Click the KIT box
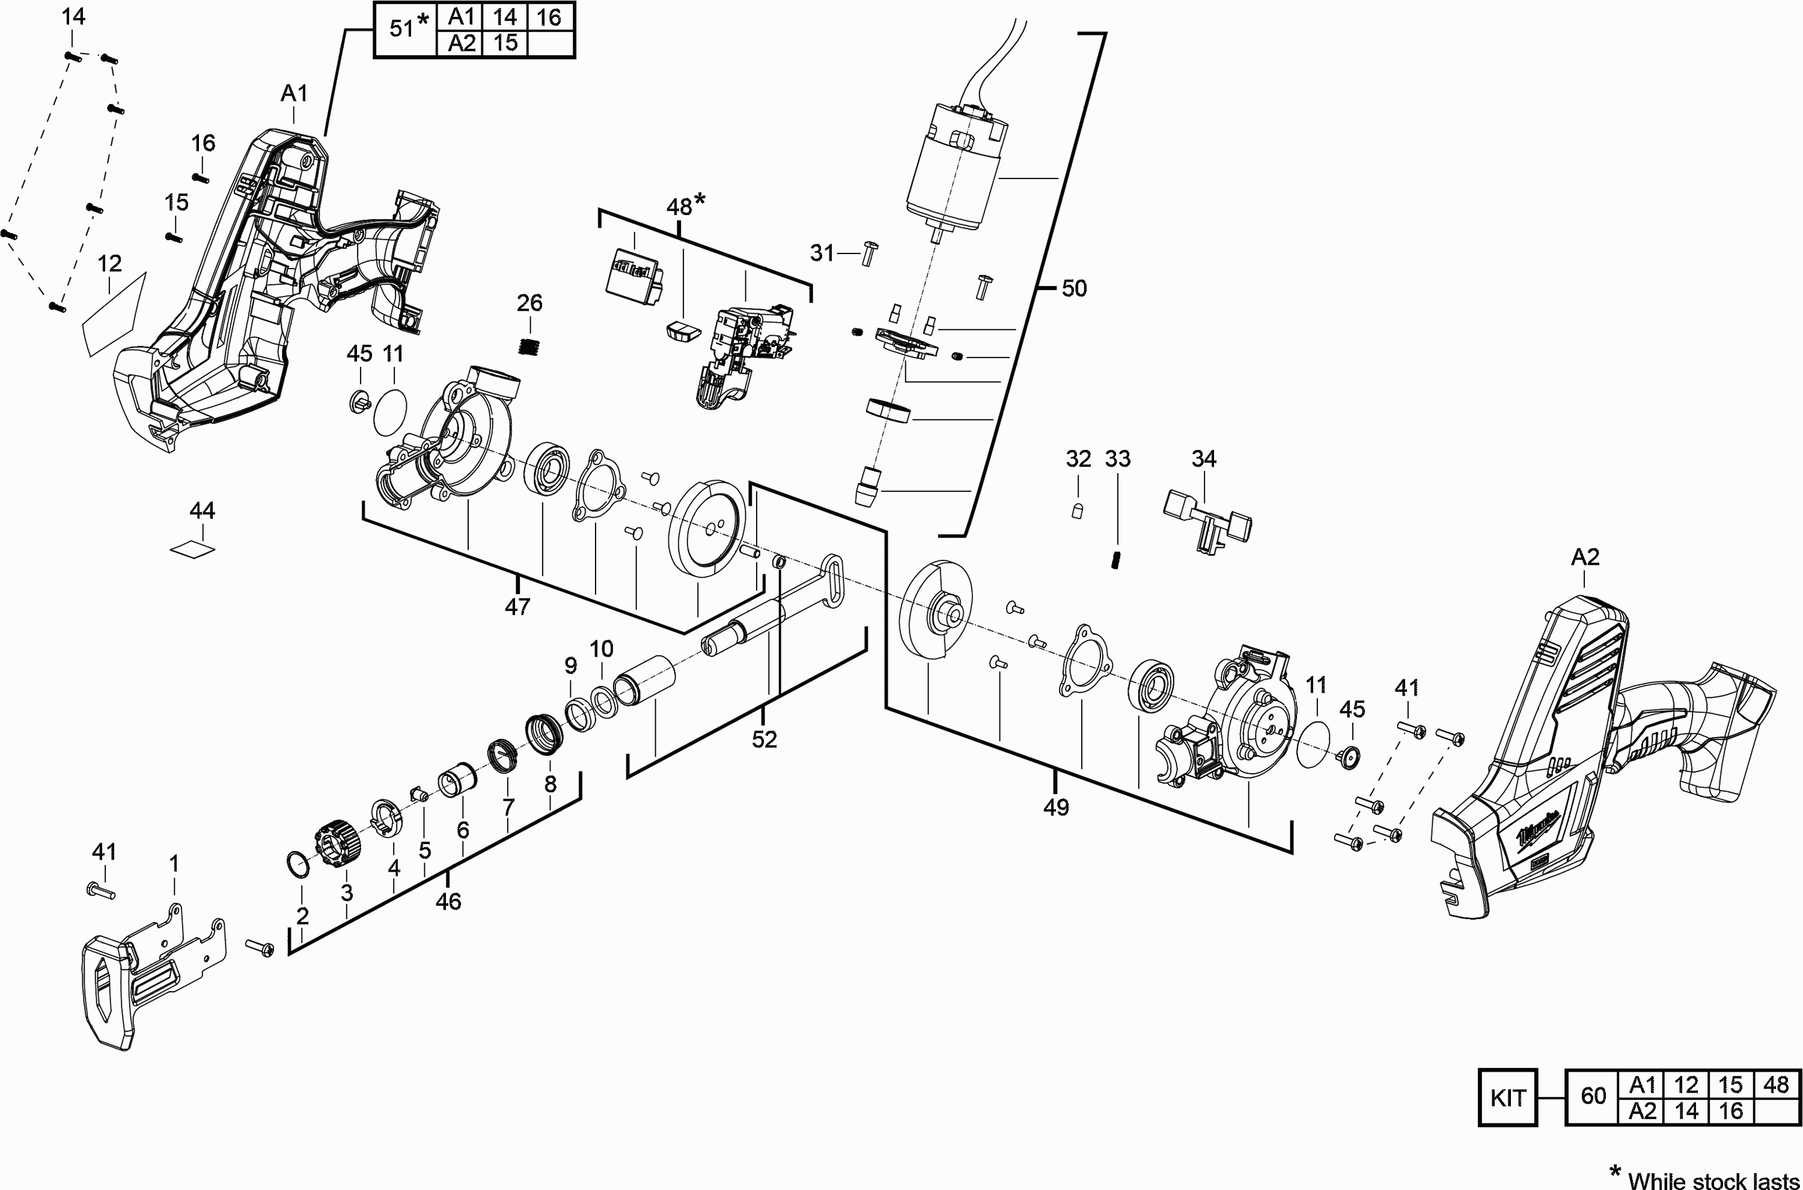[x=1507, y=1097]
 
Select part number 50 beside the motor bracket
[x=1073, y=288]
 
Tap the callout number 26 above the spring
[x=529, y=303]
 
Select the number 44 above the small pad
[x=202, y=511]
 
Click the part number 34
[x=1203, y=458]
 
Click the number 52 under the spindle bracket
[x=764, y=739]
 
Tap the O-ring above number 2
[x=298, y=863]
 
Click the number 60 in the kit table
[x=1593, y=1096]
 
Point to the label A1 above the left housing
[x=294, y=93]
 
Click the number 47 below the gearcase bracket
[x=517, y=606]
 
